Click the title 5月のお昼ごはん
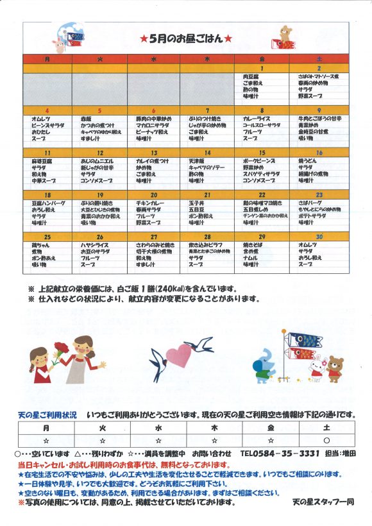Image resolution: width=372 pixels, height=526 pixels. click(x=186, y=38)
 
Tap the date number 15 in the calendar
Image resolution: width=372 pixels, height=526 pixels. click(x=262, y=153)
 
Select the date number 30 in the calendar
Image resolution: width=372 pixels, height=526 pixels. click(x=319, y=237)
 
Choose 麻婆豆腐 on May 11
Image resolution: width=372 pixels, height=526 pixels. click(x=41, y=161)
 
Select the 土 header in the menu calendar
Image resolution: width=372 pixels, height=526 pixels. click(x=319, y=59)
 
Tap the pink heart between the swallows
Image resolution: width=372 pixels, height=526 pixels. click(x=179, y=354)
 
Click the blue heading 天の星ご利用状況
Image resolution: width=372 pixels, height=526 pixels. click(x=47, y=416)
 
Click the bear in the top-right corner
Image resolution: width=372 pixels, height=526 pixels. click(x=284, y=36)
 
